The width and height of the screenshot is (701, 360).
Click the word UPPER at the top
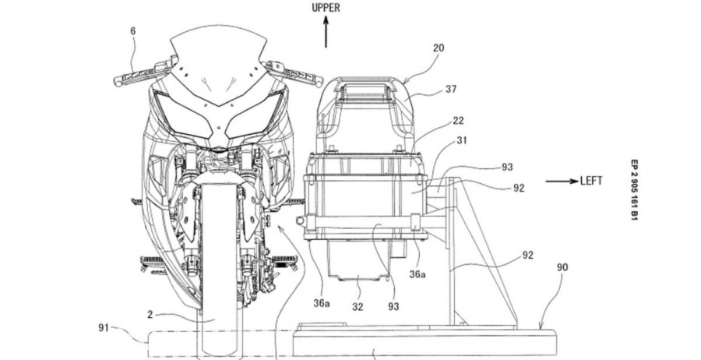coord(326,9)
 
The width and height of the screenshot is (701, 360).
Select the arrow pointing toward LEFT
coord(559,181)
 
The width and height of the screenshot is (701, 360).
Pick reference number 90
coord(562,267)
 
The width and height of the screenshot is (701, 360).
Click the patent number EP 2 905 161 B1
coord(634,192)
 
